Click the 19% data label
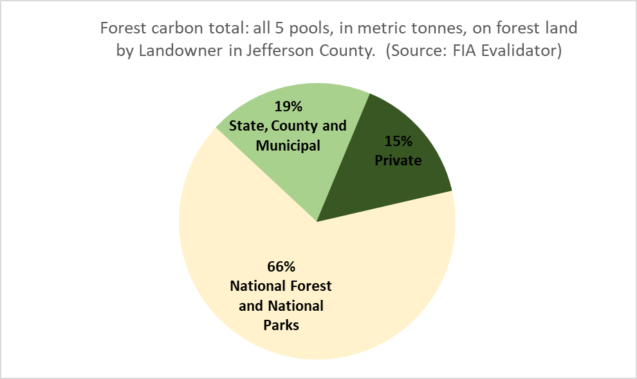pos(288,106)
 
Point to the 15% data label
pos(398,141)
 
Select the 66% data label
pos(281,266)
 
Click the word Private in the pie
pos(398,160)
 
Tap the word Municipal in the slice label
pos(288,145)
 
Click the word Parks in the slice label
pos(281,325)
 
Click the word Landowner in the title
pos(180,51)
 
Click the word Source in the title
pos(418,51)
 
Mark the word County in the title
pos(347,51)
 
